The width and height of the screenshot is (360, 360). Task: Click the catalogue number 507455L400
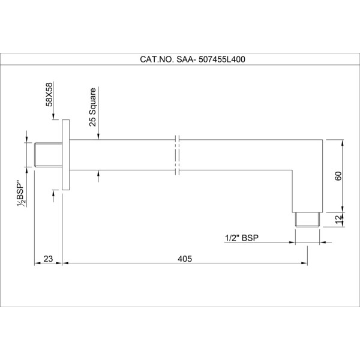coord(222,59)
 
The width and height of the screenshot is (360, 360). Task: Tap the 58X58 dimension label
coord(49,94)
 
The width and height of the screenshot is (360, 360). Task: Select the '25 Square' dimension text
coord(92,107)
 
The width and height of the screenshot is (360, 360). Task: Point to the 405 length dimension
coord(185,259)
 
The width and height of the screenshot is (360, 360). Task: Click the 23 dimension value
coord(48,259)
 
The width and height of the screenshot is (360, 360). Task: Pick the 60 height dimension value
coord(338,176)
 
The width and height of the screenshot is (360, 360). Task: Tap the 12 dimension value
coord(338,220)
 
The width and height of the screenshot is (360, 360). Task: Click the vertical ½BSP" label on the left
coord(22,194)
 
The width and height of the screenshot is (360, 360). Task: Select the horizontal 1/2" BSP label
coord(242,238)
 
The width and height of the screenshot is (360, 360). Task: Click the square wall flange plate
coord(65,155)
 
